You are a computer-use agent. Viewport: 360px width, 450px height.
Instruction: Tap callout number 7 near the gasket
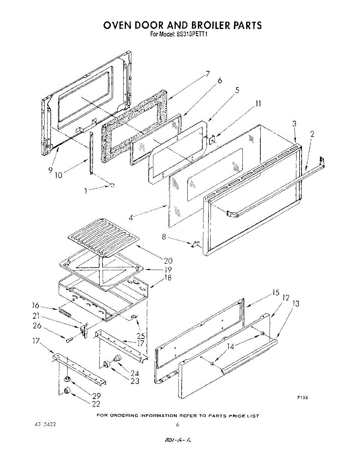(x=207, y=74)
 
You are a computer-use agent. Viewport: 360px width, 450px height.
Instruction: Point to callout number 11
(x=258, y=104)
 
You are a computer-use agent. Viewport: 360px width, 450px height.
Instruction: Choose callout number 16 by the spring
(x=35, y=306)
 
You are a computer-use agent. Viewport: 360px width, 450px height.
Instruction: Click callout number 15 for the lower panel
(x=276, y=292)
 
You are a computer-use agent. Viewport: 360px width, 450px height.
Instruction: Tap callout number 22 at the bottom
(x=97, y=403)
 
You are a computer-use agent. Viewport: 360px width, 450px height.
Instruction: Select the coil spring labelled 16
(x=65, y=312)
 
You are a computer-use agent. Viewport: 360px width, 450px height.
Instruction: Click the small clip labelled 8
(x=194, y=244)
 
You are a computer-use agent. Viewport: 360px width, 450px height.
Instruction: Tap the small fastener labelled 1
(x=112, y=184)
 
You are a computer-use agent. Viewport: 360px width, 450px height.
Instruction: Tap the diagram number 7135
(x=303, y=398)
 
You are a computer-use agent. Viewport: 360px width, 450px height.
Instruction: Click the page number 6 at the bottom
(x=178, y=425)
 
